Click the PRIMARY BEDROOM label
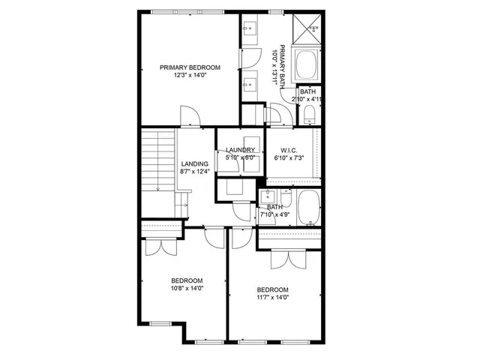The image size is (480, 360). point(189,67)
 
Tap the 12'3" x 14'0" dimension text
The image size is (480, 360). point(189,75)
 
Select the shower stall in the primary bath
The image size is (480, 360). point(310,28)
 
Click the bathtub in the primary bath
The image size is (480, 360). point(307,67)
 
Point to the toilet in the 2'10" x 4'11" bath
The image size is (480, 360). point(310,113)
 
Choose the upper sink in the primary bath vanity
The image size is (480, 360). point(250,29)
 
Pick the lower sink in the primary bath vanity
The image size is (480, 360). point(250,83)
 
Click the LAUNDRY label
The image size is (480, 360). point(241,150)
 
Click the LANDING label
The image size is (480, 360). point(194,163)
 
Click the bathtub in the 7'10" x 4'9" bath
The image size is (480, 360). point(308,208)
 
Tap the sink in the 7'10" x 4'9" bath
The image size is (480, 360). point(269,198)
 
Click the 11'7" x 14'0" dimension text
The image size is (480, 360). point(273,298)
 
